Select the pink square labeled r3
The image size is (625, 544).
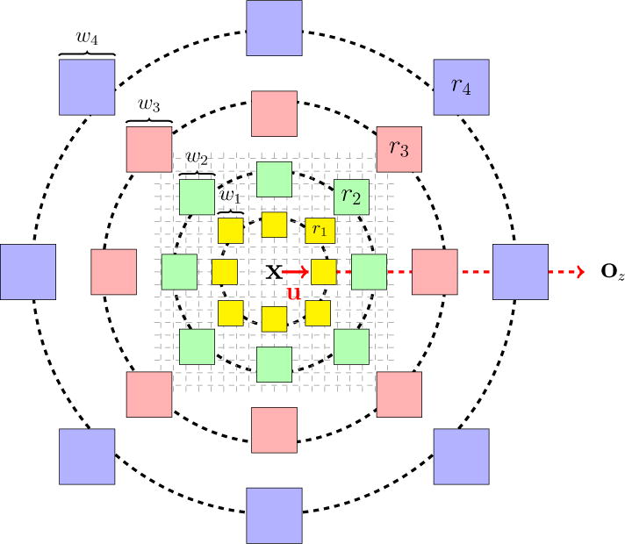tap(399, 148)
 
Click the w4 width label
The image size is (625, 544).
tap(87, 39)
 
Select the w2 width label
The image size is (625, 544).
tap(196, 158)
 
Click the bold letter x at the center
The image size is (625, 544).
tap(274, 272)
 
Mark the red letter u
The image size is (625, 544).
tap(294, 294)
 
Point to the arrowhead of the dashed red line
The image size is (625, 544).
tap(579, 272)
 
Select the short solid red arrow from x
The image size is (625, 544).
tap(294, 272)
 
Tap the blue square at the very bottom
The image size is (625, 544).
tap(274, 515)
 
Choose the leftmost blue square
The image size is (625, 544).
tap(28, 272)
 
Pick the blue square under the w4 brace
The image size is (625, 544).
tap(87, 87)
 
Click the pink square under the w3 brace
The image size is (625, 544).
tap(148, 149)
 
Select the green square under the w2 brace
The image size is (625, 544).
tap(197, 197)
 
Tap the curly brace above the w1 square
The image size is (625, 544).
tap(230, 211)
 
